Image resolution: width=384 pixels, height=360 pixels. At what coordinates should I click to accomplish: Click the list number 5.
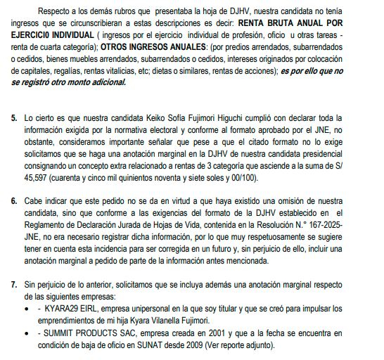(x=14, y=117)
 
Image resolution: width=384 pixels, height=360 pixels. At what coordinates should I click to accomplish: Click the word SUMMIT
(x=57, y=333)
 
